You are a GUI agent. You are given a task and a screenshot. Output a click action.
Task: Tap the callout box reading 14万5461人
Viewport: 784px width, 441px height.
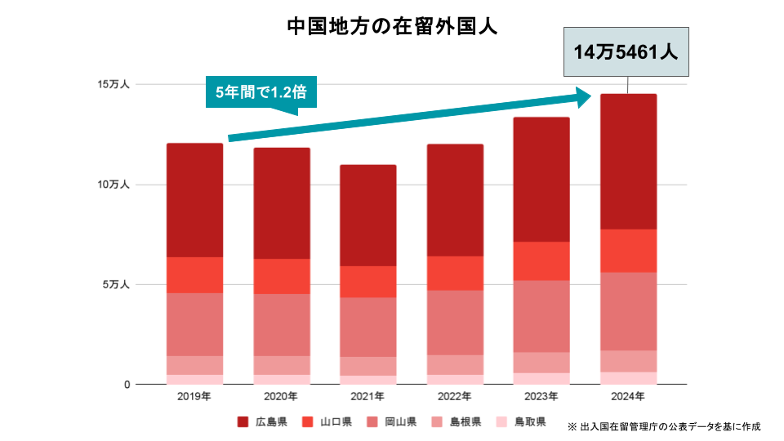626,52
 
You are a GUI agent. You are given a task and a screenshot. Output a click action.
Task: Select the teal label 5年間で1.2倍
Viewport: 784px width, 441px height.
261,92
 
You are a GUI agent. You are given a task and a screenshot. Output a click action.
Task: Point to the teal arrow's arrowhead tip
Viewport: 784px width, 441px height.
590,96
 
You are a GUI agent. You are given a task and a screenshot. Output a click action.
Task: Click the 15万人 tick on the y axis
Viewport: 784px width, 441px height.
114,85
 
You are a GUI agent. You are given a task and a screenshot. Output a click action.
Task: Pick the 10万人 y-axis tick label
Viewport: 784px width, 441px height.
114,185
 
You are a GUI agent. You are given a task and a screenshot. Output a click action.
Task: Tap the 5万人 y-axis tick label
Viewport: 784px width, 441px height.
116,285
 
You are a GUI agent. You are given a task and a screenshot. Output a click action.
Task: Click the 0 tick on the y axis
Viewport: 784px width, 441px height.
127,385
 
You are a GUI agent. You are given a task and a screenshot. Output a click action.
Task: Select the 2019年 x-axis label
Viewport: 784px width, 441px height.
194,397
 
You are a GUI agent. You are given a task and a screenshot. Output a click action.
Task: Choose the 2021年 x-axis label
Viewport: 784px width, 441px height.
367,397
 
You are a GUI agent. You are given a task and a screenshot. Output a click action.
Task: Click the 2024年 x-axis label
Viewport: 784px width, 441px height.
627,397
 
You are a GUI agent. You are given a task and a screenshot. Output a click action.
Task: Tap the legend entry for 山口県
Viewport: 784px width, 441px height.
327,422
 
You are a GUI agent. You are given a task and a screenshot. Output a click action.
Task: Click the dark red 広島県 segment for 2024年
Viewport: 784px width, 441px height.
627,161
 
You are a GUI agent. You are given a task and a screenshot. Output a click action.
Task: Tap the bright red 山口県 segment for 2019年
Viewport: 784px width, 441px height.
194,274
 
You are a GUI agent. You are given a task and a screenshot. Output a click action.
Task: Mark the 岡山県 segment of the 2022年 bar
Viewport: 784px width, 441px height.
454,322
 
